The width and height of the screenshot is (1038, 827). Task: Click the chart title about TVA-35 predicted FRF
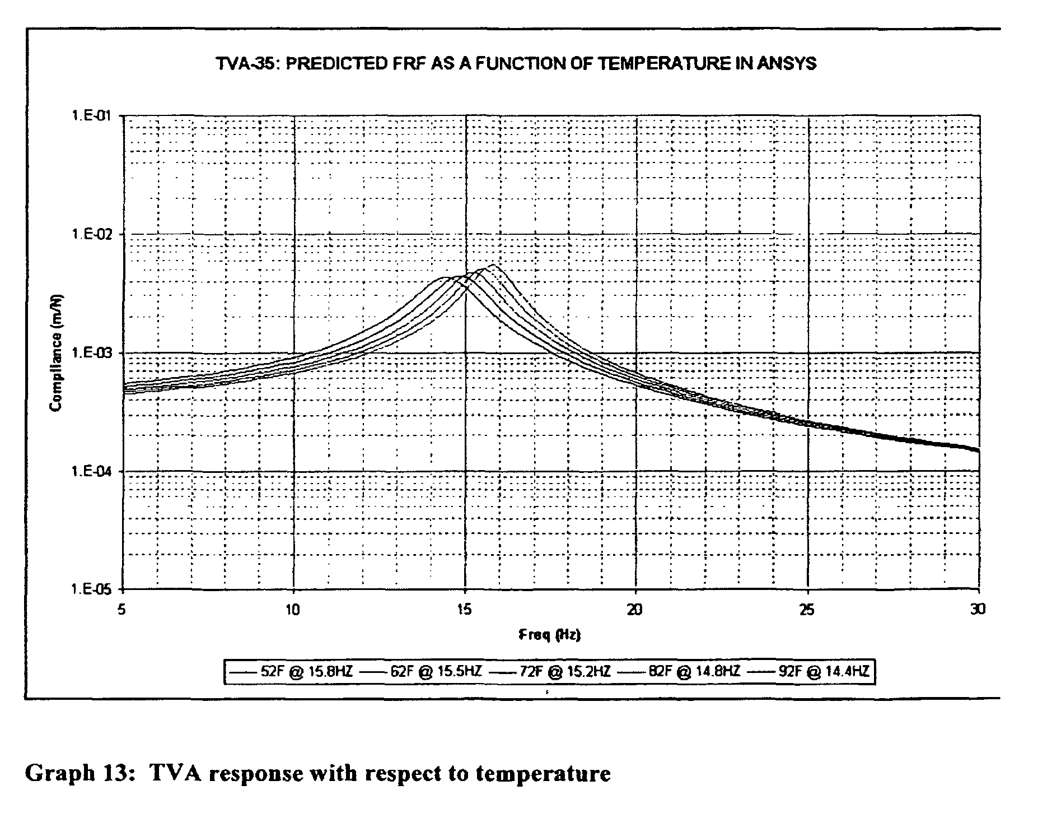(516, 63)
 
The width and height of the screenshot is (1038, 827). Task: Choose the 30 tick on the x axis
(977, 609)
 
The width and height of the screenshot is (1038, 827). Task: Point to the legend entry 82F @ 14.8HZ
(679, 671)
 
